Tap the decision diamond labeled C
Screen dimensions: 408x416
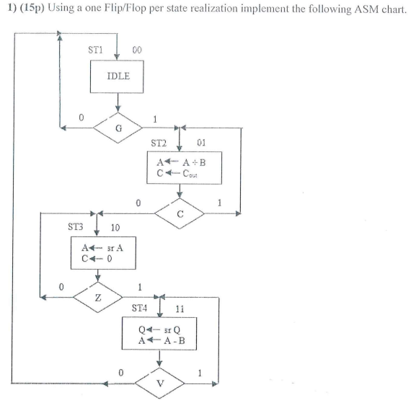[180, 213]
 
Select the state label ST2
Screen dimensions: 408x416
[159, 142]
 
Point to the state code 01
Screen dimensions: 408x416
[201, 142]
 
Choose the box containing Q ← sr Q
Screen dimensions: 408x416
[159, 336]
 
